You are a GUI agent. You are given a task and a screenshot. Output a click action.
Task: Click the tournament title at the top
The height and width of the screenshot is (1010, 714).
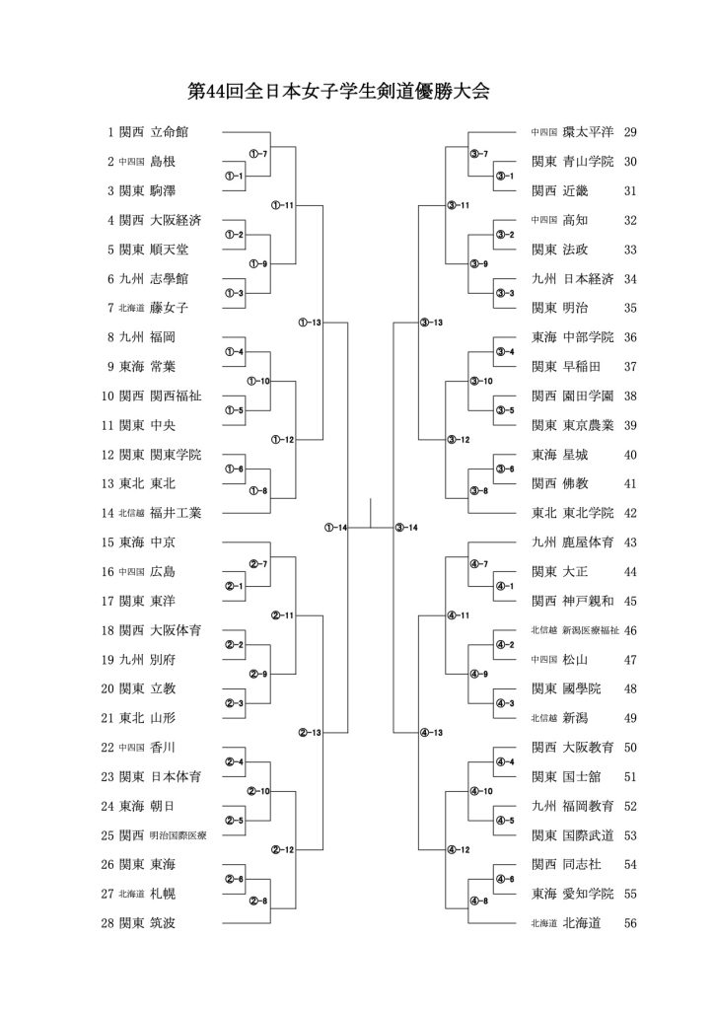coord(338,93)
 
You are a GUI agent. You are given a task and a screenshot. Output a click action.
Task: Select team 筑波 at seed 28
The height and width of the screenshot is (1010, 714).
coord(163,923)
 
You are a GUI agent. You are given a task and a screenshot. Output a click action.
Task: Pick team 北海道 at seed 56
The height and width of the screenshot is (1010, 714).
coord(582,923)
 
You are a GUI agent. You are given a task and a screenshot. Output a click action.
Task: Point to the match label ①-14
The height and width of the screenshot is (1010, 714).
coord(336,528)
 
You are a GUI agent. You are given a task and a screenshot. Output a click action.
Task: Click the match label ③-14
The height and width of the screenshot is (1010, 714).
coord(406,528)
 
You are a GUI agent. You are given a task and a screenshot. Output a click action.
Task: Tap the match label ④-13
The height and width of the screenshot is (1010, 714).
coord(431,732)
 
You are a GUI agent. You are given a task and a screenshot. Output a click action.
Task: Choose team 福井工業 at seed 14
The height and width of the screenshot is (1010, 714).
coord(177,513)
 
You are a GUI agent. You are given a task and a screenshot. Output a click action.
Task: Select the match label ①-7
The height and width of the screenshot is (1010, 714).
coord(258,154)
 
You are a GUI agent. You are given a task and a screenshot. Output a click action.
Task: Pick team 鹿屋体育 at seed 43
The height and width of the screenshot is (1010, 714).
coord(589,542)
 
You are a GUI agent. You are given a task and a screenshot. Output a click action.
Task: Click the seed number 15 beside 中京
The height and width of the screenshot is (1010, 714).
coord(108,542)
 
